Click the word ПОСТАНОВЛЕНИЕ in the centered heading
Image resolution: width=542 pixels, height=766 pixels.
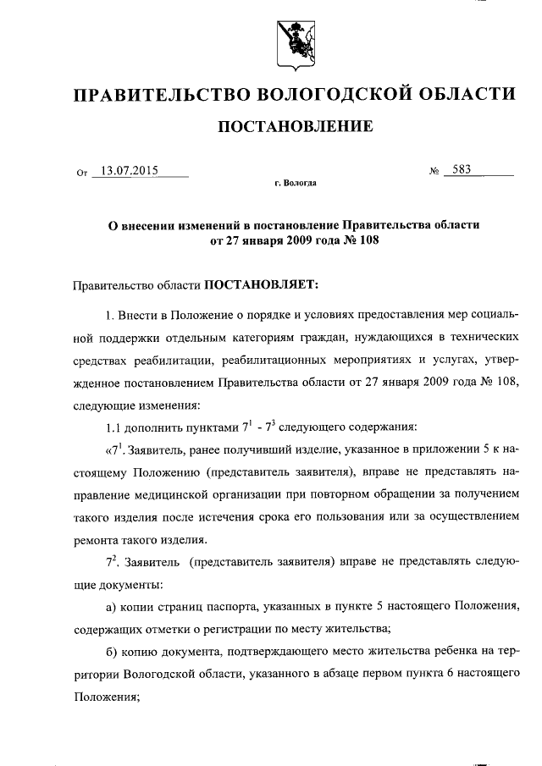tap(296, 127)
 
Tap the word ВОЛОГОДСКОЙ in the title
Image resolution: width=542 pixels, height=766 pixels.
tap(339, 92)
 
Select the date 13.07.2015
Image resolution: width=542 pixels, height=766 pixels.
tap(130, 169)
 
